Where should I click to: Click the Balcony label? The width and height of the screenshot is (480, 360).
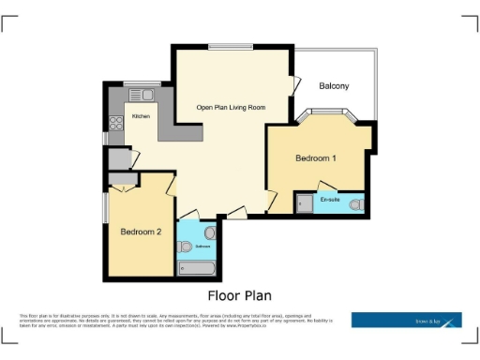click(334, 86)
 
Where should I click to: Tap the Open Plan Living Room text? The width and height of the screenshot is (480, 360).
click(231, 108)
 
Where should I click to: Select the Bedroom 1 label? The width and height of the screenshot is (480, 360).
click(316, 157)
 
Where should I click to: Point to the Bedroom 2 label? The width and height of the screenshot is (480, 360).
click(140, 232)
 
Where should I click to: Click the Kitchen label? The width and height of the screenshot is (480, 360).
click(141, 116)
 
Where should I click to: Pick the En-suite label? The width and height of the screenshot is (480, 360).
click(330, 200)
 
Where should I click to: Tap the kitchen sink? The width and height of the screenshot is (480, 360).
click(141, 94)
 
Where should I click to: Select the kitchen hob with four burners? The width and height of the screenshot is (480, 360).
click(116, 122)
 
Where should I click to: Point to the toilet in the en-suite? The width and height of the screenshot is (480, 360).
click(355, 204)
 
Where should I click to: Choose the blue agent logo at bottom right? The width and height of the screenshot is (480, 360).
click(407, 320)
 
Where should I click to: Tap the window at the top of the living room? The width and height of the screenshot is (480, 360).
click(230, 46)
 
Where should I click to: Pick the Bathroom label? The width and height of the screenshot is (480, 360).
click(190, 246)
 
